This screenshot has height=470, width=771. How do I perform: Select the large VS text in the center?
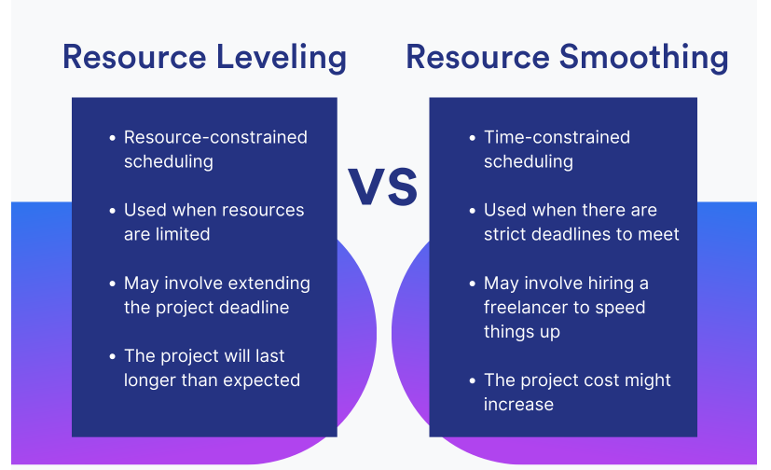[x=383, y=187]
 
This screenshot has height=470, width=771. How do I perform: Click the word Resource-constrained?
[x=215, y=137]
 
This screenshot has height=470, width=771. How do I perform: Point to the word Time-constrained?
[x=557, y=137]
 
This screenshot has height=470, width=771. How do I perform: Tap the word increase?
[x=518, y=405]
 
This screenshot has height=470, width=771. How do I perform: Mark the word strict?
[x=505, y=234]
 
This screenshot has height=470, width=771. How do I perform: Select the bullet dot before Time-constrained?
[x=473, y=138]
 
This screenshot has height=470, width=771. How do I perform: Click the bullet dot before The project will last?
[x=113, y=356]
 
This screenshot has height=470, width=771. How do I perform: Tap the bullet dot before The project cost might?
[x=473, y=381]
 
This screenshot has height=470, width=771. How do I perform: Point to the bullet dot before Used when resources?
[x=113, y=211]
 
